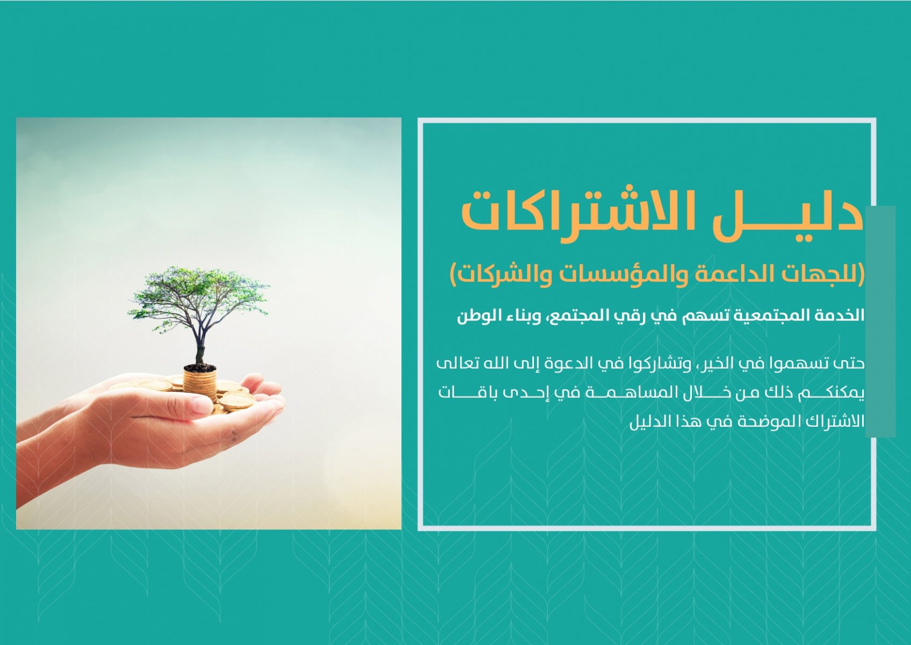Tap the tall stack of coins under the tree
click(200, 383)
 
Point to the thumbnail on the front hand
click(202, 405)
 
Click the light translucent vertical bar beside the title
click(881, 321)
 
